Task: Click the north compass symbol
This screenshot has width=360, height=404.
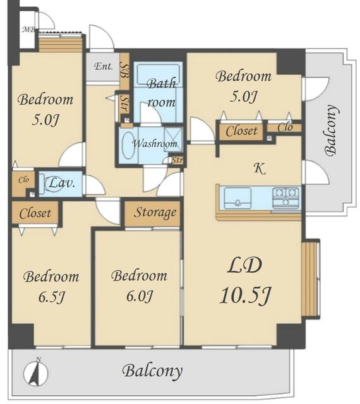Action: coord(36,372)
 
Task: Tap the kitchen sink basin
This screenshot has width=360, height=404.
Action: coord(237,198)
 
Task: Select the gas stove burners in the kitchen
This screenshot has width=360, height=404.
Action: coord(285,197)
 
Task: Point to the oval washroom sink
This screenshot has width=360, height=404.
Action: coord(128,145)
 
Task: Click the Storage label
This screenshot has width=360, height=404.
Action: coord(155,213)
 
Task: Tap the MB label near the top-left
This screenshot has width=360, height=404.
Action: coord(28,30)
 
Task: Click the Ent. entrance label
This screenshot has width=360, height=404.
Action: coord(104,66)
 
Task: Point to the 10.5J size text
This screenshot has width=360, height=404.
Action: coord(245,295)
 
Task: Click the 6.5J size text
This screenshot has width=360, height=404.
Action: coord(51,297)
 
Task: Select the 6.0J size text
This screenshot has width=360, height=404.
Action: coord(140,296)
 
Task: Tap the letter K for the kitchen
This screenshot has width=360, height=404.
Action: coord(260,169)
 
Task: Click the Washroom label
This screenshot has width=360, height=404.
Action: coord(155,143)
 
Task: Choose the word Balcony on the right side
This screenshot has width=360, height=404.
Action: coord(331,131)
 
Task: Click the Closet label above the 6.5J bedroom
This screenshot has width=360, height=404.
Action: coord(35,213)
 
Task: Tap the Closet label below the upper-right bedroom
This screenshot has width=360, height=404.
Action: coord(241,131)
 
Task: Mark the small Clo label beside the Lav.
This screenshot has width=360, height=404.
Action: coord(23,179)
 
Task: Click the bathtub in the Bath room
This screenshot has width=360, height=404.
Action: coord(158,74)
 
